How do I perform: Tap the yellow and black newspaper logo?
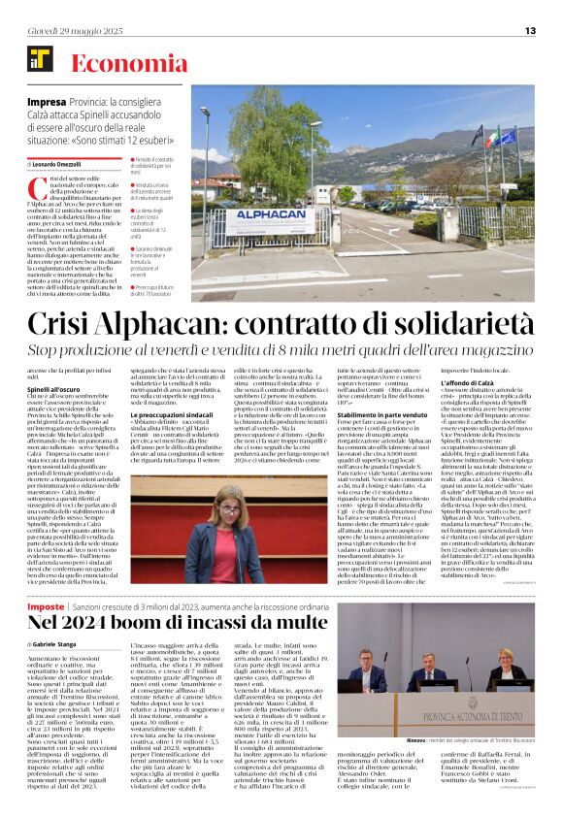pos(39,64)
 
